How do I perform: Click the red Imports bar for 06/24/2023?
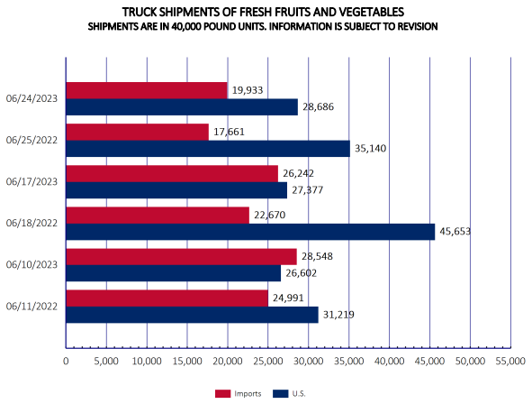[146, 90]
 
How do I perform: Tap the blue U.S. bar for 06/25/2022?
[208, 149]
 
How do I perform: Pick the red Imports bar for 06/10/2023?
[181, 257]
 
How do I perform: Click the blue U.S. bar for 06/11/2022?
[192, 315]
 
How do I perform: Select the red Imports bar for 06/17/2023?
[172, 173]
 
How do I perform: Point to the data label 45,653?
[455, 232]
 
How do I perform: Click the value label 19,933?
[247, 90]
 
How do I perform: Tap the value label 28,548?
[317, 257]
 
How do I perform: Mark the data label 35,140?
[369, 149]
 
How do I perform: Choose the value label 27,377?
[307, 190]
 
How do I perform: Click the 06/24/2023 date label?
[32, 98]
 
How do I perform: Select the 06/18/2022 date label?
[32, 224]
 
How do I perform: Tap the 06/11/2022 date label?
[32, 307]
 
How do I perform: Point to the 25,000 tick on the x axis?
[268, 362]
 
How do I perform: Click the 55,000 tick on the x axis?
[510, 362]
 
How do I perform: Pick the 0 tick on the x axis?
[66, 362]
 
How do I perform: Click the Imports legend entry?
[238, 394]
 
